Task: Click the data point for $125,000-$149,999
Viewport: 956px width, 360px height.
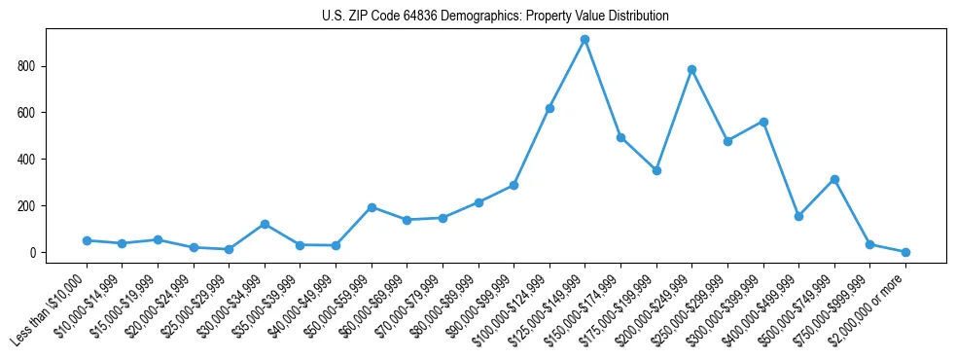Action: [584, 40]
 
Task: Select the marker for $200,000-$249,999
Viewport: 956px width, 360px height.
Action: [691, 70]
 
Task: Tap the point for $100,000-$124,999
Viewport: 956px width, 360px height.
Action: [549, 108]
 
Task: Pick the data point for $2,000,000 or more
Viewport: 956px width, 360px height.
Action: [905, 252]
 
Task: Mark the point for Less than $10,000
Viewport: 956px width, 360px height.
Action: [87, 240]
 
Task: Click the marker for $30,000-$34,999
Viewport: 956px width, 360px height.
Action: [265, 224]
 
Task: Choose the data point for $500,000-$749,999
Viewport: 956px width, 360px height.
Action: [834, 179]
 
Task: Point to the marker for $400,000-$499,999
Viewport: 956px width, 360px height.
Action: [798, 216]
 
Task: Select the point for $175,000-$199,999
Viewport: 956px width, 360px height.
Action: [656, 170]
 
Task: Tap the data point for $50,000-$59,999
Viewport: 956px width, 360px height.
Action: [372, 207]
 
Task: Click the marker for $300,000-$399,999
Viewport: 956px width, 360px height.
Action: [763, 122]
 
